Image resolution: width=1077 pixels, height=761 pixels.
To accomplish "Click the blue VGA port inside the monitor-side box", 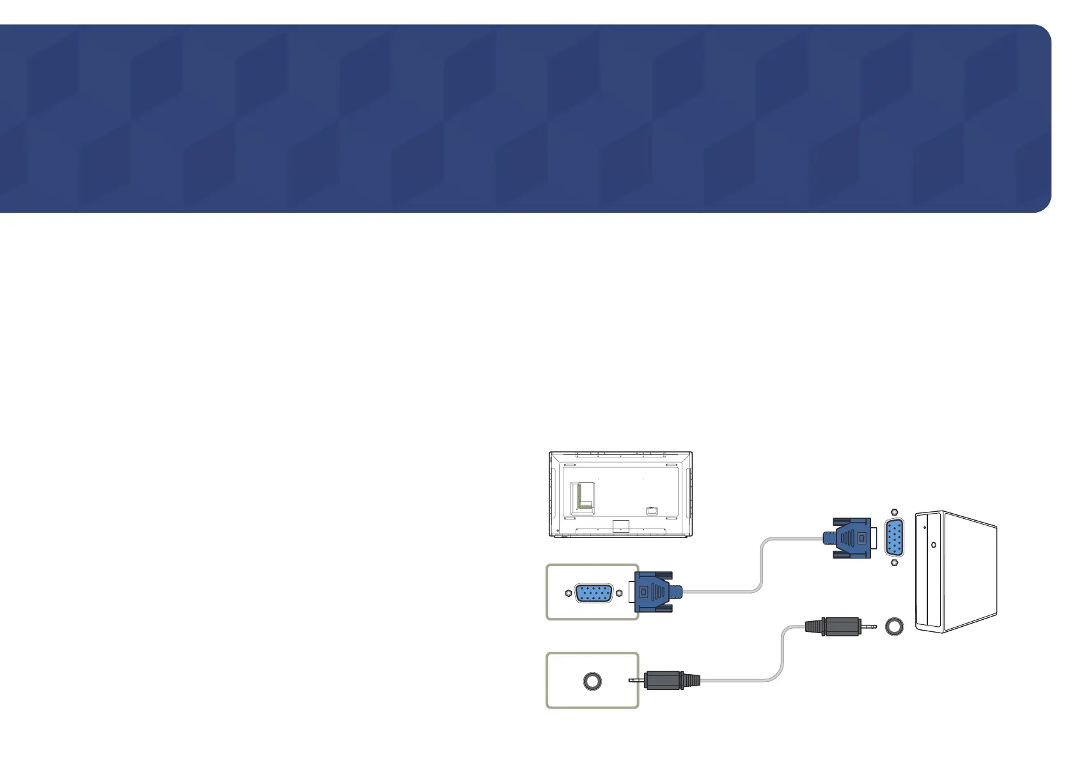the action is click(x=594, y=593).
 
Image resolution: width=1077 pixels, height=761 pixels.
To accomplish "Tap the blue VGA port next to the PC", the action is click(x=894, y=538).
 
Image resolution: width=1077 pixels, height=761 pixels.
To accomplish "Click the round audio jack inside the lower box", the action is click(x=592, y=681).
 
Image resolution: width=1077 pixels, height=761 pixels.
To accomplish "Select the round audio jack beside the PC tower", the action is click(x=894, y=626).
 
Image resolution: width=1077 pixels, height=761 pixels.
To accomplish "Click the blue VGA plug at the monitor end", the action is click(x=656, y=592).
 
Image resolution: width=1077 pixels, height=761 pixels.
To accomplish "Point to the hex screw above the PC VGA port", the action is click(x=894, y=512).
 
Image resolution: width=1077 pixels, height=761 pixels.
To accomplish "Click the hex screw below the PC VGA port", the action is click(x=894, y=563).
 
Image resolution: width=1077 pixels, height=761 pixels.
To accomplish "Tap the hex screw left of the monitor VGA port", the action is click(x=569, y=593).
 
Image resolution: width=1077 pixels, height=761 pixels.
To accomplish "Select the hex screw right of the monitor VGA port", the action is click(x=618, y=593).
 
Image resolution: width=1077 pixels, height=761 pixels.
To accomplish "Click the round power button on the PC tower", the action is click(x=934, y=545).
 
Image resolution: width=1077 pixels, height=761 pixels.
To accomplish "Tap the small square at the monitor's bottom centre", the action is click(x=620, y=527).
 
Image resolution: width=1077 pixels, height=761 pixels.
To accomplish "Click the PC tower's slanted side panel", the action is click(x=969, y=572).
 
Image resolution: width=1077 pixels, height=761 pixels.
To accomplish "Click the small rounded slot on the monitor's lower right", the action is click(x=652, y=511).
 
